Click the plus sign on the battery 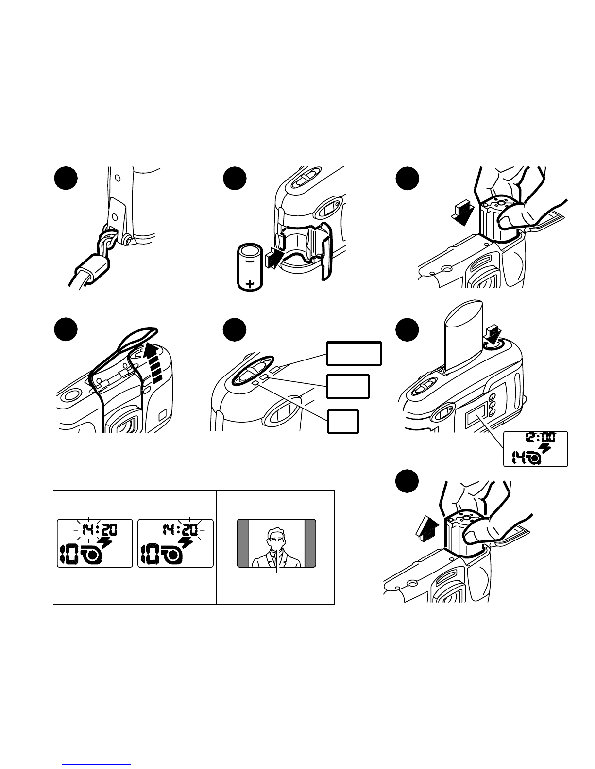click(250, 283)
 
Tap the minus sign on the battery click(249, 262)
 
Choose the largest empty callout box click(354, 353)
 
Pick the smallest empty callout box click(342, 421)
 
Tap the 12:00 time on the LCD click(540, 438)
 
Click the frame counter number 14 click(519, 458)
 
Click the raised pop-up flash click(464, 336)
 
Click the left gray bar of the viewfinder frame click(242, 543)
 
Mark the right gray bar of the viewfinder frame click(310, 543)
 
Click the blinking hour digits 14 click(88, 530)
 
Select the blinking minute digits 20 click(190, 530)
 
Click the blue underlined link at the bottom click(96, 764)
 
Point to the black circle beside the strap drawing click(66, 178)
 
